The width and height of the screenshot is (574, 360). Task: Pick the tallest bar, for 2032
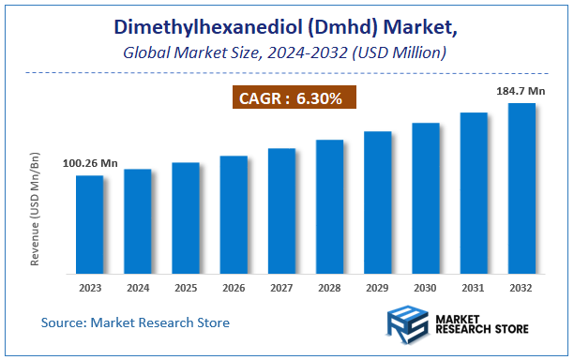(x=521, y=187)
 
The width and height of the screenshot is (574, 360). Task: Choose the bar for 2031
(x=474, y=192)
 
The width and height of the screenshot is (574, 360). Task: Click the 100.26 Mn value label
(x=90, y=164)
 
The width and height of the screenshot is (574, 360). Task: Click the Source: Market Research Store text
(x=135, y=322)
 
